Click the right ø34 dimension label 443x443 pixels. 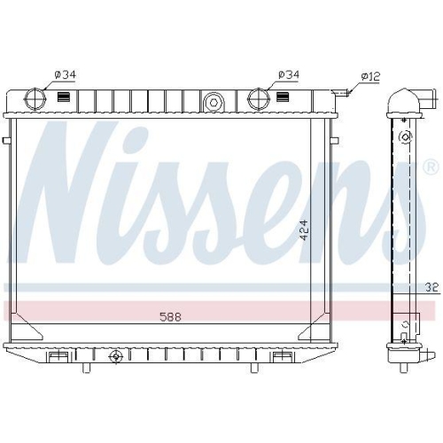[287, 74]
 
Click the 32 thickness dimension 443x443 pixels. [430, 287]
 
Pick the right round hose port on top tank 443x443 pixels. [259, 98]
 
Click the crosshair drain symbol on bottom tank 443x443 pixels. [113, 357]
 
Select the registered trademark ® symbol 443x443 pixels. [430, 167]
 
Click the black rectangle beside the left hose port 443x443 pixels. [65, 98]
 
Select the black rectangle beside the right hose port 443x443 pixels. [286, 98]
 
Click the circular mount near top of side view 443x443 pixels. [405, 137]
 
